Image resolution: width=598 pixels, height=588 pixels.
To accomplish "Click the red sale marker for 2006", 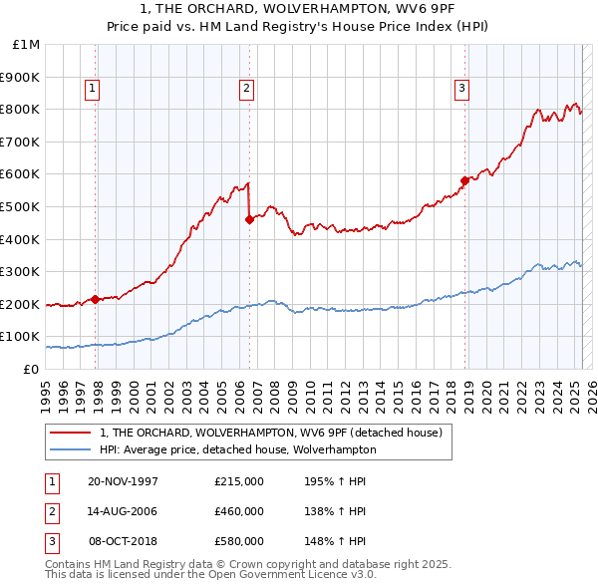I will coord(248,219).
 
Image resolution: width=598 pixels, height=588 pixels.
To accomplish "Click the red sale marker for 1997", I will coord(95,298).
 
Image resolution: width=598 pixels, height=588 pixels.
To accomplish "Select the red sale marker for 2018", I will coord(464,180).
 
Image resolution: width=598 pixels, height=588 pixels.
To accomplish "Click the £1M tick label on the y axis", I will coord(26,45).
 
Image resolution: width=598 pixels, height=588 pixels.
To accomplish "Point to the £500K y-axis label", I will coord(21,206).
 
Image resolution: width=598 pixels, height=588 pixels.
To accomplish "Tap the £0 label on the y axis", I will coord(30,369).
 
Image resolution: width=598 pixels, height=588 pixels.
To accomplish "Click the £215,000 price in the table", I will coord(239,481).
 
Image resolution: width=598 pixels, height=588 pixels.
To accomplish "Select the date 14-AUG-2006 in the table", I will coord(124,511).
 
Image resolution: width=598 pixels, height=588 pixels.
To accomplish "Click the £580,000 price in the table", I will coord(239,541).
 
